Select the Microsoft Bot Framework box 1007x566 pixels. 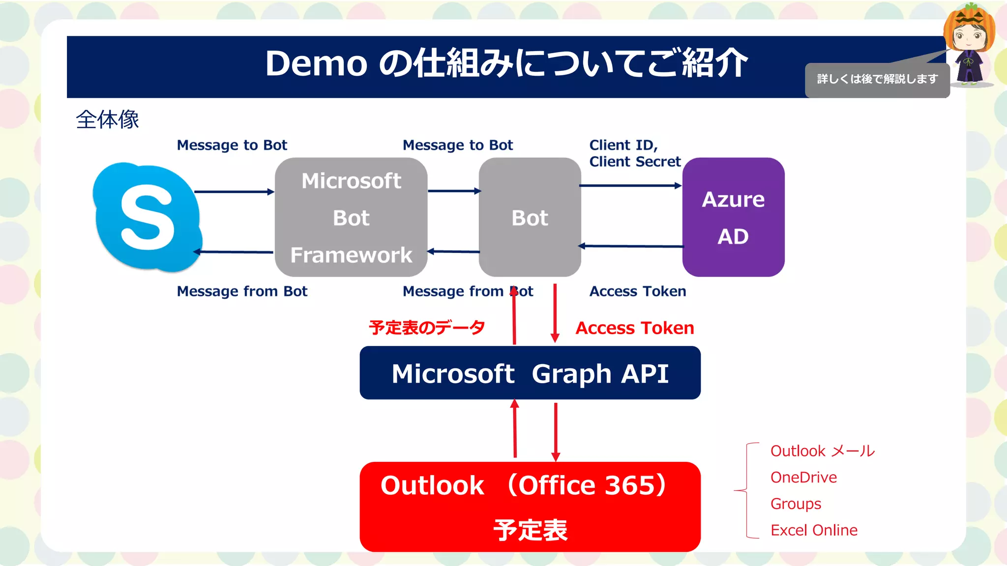(x=351, y=217)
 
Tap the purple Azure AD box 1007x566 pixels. (x=733, y=217)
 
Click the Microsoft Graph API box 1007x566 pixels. (x=530, y=373)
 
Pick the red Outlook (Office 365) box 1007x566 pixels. (x=530, y=507)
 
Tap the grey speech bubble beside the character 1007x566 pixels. (x=877, y=80)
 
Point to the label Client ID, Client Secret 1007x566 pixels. (x=634, y=153)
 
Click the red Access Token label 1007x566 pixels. (x=634, y=328)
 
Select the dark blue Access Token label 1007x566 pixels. (x=637, y=291)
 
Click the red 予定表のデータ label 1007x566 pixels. (x=427, y=328)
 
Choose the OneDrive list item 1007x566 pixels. (x=803, y=478)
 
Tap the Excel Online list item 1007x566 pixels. (x=814, y=530)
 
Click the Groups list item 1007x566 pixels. (x=796, y=504)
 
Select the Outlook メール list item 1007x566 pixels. (x=822, y=451)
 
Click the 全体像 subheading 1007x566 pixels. (x=107, y=119)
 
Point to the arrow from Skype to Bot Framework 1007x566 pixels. (x=234, y=192)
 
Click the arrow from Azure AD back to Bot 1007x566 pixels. (x=631, y=246)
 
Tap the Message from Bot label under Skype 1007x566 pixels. (x=242, y=291)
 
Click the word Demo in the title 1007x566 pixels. (x=316, y=64)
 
